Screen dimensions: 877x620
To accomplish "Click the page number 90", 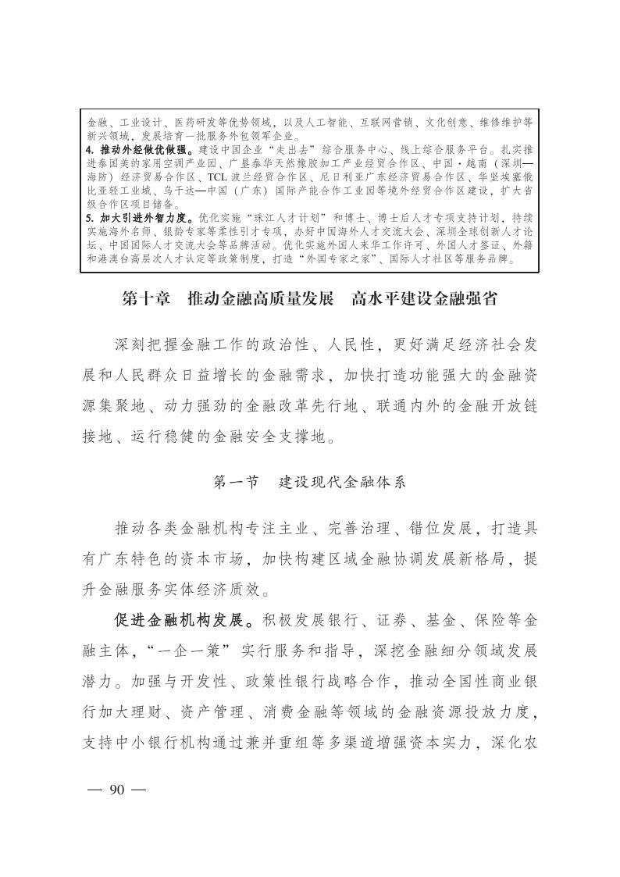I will click(117, 790).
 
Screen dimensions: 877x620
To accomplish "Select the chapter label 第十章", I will click(147, 299).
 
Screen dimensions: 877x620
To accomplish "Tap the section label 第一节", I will click(236, 482).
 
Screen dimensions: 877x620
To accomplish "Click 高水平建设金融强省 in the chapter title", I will click(424, 299).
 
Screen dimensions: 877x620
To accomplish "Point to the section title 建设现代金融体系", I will click(343, 482).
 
